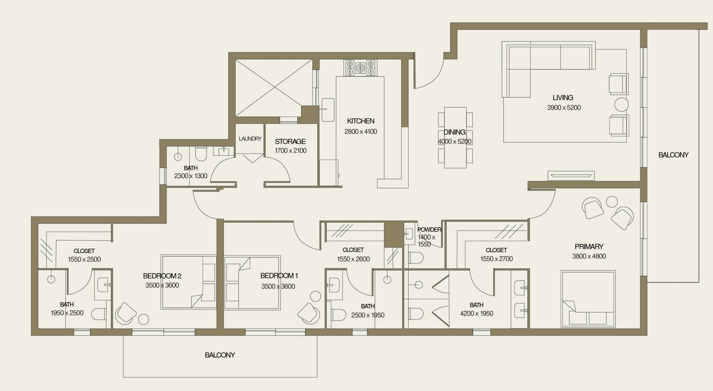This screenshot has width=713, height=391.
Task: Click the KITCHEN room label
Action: coord(361,121)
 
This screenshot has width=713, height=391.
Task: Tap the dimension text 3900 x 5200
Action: coord(564,108)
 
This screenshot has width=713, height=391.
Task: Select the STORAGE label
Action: coord(290,141)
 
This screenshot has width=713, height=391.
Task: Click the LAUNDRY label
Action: coord(250,139)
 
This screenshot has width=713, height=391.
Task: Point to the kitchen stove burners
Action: coord(360,68)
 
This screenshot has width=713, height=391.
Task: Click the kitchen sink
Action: coord(328,110)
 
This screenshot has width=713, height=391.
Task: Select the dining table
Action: coord(455,137)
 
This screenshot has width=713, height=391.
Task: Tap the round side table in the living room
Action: coord(621,105)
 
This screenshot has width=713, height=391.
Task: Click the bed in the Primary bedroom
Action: coord(588,299)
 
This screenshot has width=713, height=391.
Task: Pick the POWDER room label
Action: coord(429,229)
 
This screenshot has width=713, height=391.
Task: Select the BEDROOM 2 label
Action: coord(162,276)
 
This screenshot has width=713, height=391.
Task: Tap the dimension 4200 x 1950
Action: coord(476,313)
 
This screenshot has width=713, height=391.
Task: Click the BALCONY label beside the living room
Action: coord(673,155)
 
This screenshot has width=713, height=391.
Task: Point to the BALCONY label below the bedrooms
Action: coord(220,355)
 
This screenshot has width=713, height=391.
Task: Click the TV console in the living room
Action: coord(571,176)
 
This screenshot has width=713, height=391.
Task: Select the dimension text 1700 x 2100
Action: coord(290,151)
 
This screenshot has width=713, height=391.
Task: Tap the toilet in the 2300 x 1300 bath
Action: coord(200,154)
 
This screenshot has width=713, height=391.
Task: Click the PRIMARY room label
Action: coord(589,246)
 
